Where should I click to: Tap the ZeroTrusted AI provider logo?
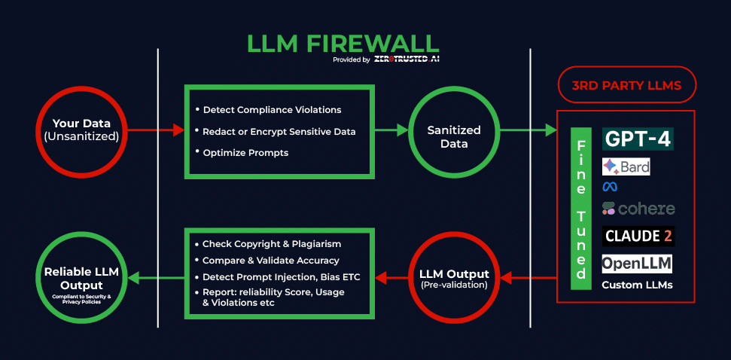(x=407, y=59)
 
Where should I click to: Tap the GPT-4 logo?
(x=638, y=139)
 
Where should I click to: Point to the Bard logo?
(x=626, y=166)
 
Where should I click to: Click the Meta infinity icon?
(x=609, y=187)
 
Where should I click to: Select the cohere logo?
(x=638, y=209)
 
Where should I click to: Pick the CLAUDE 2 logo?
(x=638, y=236)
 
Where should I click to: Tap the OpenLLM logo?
(x=637, y=264)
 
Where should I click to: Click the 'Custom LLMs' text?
(x=637, y=285)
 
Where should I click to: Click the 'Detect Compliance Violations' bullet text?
(x=272, y=110)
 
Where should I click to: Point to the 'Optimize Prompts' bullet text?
(x=245, y=152)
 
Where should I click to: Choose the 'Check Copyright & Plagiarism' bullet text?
(x=272, y=244)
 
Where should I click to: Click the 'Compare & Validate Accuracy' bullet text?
(x=272, y=261)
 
